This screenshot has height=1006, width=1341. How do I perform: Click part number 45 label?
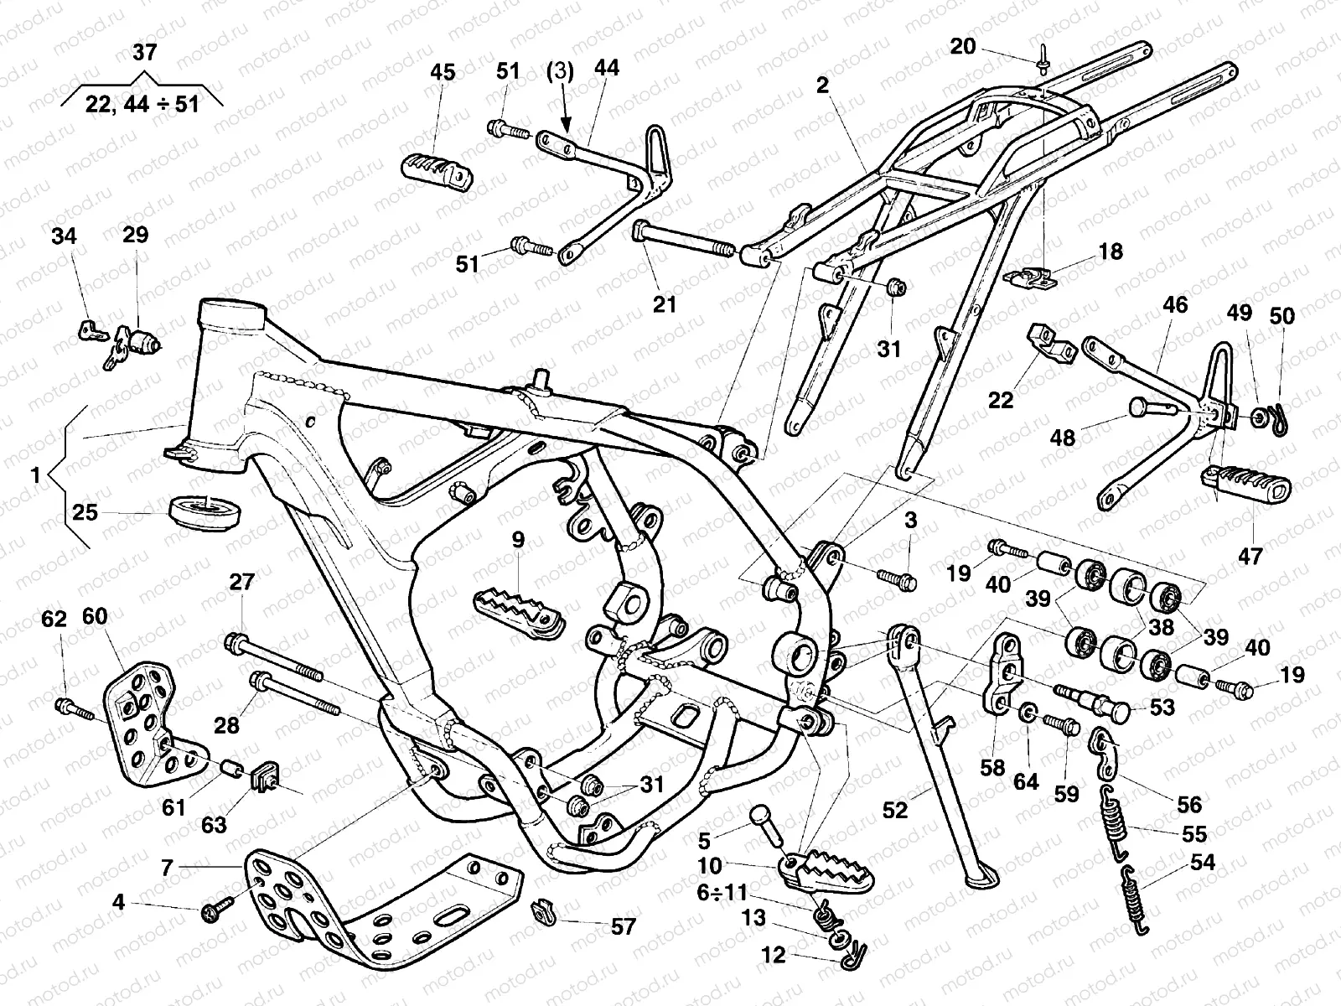[x=443, y=73]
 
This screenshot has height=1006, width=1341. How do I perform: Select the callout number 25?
[x=85, y=511]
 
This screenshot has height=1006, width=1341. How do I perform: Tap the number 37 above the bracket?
[x=144, y=53]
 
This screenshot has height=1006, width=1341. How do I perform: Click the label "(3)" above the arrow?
[x=560, y=72]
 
